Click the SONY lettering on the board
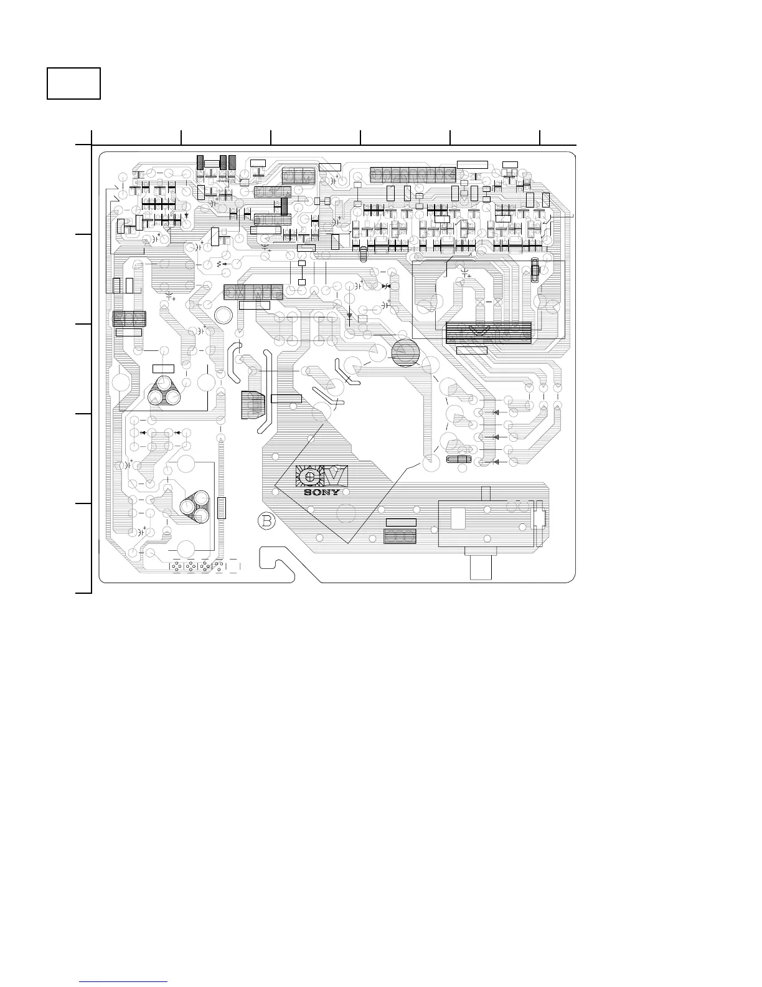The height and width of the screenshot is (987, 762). pyautogui.click(x=322, y=492)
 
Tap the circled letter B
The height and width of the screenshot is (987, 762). pyautogui.click(x=266, y=521)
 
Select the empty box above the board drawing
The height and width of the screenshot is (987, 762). pyautogui.click(x=74, y=83)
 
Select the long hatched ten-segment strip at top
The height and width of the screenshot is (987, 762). pyautogui.click(x=413, y=174)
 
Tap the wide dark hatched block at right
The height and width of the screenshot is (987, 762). pyautogui.click(x=489, y=333)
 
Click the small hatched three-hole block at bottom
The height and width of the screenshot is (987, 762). pyautogui.click(x=400, y=536)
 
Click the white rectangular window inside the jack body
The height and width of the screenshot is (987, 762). pyautogui.click(x=458, y=518)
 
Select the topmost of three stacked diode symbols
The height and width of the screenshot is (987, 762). pyautogui.click(x=496, y=412)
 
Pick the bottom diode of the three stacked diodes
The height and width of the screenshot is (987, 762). pyautogui.click(x=496, y=462)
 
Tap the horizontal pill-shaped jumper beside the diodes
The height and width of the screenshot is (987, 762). pyautogui.click(x=459, y=460)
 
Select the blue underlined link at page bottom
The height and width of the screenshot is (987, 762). pyautogui.click(x=124, y=983)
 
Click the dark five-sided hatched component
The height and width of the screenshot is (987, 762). pyautogui.click(x=253, y=404)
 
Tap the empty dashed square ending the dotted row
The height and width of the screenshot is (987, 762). pyautogui.click(x=234, y=566)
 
